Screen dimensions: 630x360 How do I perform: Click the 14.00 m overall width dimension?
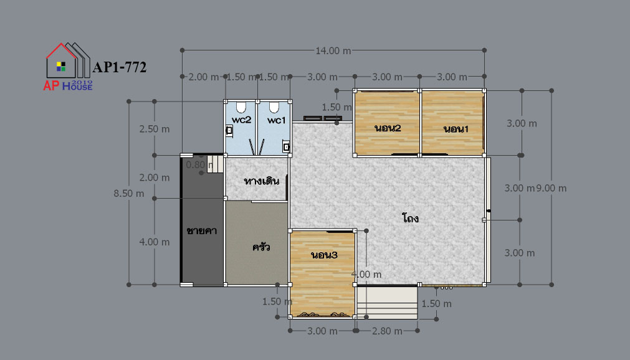click(333, 51)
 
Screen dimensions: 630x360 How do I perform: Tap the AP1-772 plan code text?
click(119, 67)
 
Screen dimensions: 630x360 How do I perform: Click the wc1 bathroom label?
click(277, 120)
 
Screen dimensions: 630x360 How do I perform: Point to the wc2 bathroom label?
click(242, 120)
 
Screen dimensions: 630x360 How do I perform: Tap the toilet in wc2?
click(241, 107)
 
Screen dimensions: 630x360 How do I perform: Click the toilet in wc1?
click(274, 107)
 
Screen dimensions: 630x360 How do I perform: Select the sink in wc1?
click(286, 147)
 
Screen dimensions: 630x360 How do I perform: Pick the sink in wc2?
click(229, 131)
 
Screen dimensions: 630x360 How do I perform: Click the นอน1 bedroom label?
click(456, 129)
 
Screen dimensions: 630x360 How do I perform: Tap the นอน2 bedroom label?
click(388, 128)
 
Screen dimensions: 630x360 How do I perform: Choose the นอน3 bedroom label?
click(324, 255)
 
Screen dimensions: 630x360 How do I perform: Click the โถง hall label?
click(410, 218)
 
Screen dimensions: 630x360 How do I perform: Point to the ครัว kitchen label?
click(261, 247)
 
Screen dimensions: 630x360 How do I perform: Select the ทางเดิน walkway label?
click(262, 181)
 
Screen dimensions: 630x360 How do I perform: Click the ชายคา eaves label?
click(202, 230)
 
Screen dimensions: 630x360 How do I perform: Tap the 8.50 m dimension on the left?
click(128, 193)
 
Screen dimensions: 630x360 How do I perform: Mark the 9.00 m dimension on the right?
click(551, 188)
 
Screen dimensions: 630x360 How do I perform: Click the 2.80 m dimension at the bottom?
click(387, 331)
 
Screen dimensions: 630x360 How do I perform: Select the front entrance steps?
click(388, 302)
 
